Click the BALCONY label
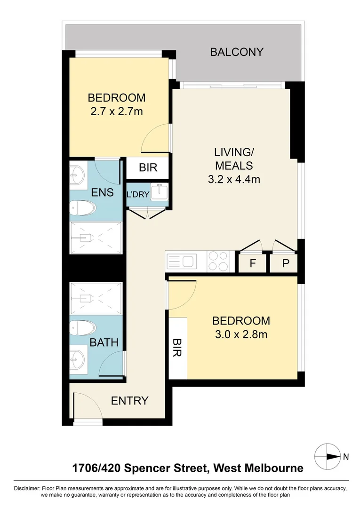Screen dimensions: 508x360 click(x=236, y=52)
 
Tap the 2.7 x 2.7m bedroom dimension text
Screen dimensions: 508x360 click(x=116, y=112)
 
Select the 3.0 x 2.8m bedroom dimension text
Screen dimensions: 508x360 click(x=241, y=334)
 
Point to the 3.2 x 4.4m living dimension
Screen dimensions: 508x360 click(x=234, y=179)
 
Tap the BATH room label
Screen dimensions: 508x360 click(x=104, y=342)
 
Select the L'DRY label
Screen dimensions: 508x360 click(x=137, y=194)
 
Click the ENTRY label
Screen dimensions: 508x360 click(x=129, y=401)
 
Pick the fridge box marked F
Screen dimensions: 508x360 click(x=252, y=263)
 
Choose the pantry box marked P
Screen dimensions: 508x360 click(x=285, y=263)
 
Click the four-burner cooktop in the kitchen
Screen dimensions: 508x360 click(x=218, y=262)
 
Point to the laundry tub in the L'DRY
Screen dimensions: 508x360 click(x=159, y=193)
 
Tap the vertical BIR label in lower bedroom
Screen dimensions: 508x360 click(x=177, y=348)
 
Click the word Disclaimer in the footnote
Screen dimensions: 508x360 click(x=26, y=488)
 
